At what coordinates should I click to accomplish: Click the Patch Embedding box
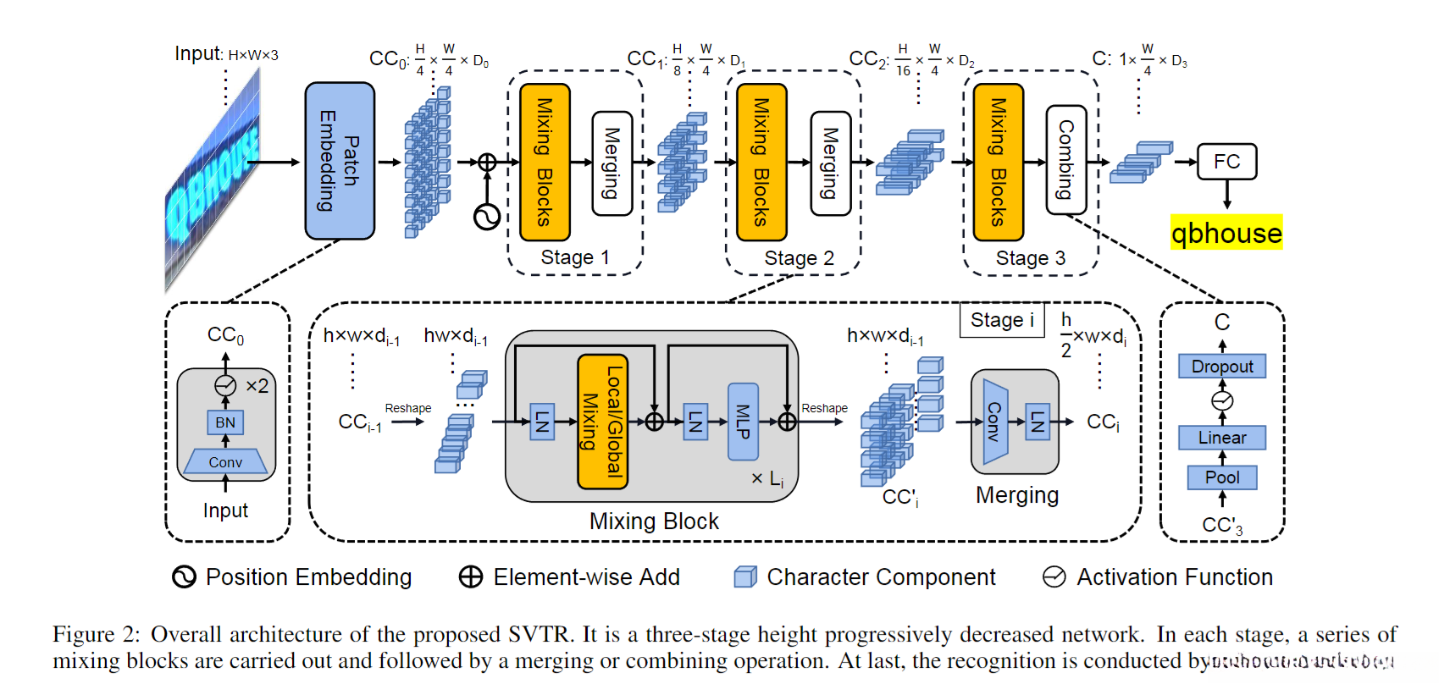(340, 161)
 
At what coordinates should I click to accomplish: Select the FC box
(1226, 162)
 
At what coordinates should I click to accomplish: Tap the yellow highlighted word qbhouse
(1226, 233)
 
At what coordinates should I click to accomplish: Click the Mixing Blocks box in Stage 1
(545, 162)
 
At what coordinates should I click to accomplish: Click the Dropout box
(1222, 367)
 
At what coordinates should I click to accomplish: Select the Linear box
(1222, 438)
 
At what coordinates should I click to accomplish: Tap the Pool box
(1222, 477)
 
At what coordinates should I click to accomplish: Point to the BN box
(225, 422)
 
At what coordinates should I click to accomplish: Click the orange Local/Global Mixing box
(602, 422)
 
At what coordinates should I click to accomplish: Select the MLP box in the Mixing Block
(743, 422)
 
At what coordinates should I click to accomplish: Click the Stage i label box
(1002, 320)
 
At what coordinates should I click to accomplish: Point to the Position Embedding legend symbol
(184, 577)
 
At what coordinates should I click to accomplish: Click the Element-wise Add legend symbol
(470, 577)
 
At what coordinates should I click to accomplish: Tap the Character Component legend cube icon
(745, 577)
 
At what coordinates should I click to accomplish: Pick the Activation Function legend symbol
(1054, 577)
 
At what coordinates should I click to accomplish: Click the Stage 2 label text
(799, 258)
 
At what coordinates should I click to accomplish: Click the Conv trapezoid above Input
(225, 462)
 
